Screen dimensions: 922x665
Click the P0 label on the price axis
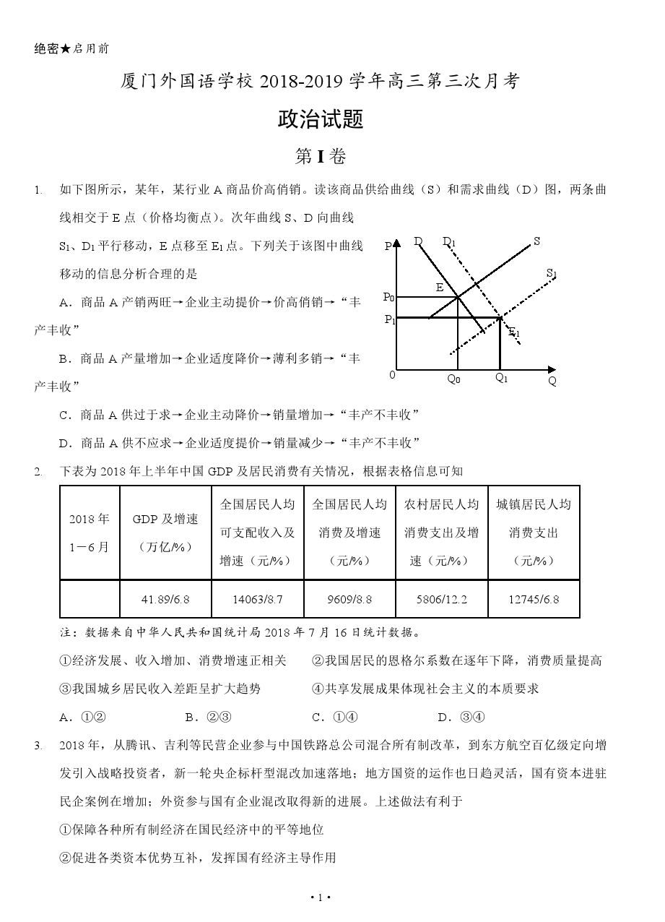(388, 297)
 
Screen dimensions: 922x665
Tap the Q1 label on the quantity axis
(501, 378)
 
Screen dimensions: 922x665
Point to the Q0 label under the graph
(453, 379)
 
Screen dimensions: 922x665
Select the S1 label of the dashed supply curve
(552, 273)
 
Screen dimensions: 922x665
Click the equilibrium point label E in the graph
(439, 288)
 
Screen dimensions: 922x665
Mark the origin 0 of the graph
(392, 374)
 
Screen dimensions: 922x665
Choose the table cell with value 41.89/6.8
(165, 599)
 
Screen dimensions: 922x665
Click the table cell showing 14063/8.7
(258, 599)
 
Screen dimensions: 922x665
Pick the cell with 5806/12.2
(441, 599)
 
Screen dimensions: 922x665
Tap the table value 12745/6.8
(534, 599)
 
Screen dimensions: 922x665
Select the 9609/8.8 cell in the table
(349, 599)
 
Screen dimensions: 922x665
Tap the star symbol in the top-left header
(66, 49)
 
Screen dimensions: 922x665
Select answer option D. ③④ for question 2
(461, 717)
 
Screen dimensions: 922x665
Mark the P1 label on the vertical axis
(388, 319)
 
